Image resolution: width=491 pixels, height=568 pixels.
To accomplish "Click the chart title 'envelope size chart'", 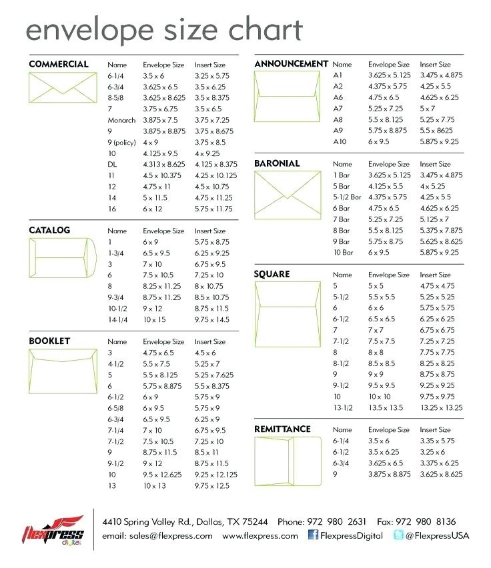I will pyautogui.click(x=163, y=30).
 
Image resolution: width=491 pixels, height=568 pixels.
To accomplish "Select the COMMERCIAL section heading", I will pyautogui.click(x=59, y=64).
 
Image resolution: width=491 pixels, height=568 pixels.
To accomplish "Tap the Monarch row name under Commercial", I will pyautogui.click(x=121, y=120).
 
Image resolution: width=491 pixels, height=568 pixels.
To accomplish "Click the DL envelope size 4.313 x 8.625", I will pyautogui.click(x=164, y=164).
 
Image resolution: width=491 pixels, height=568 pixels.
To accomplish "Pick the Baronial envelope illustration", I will pyautogui.click(x=288, y=189).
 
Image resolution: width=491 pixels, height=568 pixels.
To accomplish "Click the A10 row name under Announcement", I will pyautogui.click(x=340, y=141).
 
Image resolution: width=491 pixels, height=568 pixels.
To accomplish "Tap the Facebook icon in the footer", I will pyautogui.click(x=312, y=535).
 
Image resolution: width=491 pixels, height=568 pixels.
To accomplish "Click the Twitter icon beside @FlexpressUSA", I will pyautogui.click(x=398, y=535).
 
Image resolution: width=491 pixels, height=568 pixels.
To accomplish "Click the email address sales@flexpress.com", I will pyautogui.click(x=157, y=535).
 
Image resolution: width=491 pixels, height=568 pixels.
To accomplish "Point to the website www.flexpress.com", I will pyautogui.click(x=260, y=535).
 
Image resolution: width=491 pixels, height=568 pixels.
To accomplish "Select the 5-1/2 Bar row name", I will pyautogui.click(x=347, y=197).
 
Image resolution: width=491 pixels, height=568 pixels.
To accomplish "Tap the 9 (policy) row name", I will pyautogui.click(x=121, y=142).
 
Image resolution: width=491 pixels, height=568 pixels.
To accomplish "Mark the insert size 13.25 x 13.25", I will pyautogui.click(x=442, y=407).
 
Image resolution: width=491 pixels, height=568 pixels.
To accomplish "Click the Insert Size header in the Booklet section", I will pyautogui.click(x=210, y=341).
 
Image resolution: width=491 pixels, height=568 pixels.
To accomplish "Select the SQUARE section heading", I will pyautogui.click(x=272, y=274).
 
